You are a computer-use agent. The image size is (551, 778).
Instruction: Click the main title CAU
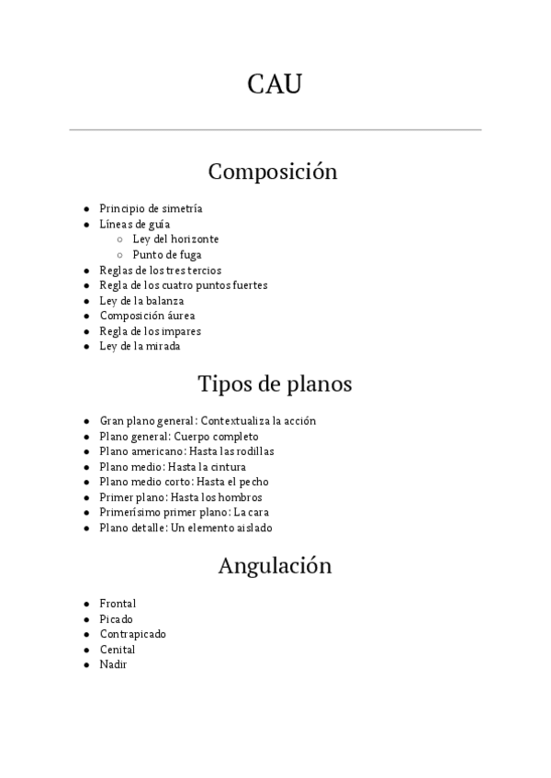(x=275, y=84)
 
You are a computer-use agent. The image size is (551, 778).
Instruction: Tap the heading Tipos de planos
(x=275, y=383)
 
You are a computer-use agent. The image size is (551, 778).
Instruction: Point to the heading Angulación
(x=275, y=566)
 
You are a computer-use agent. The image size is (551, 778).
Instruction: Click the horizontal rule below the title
(x=275, y=130)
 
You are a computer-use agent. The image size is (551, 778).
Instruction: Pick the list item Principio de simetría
(x=151, y=209)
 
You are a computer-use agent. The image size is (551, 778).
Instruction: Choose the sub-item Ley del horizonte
(x=175, y=239)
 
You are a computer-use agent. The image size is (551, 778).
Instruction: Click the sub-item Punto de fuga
(x=167, y=255)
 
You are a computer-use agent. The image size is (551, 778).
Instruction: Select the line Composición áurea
(x=147, y=316)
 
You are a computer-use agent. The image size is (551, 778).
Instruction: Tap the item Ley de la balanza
(x=141, y=301)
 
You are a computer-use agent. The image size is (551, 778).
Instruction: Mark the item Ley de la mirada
(x=140, y=346)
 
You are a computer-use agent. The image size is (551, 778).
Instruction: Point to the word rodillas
(x=256, y=451)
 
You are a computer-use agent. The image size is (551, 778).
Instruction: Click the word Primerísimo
(x=134, y=512)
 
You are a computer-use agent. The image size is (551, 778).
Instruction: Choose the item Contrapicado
(x=132, y=634)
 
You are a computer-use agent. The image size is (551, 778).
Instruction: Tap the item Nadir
(x=113, y=664)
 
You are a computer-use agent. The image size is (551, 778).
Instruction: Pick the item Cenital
(x=117, y=650)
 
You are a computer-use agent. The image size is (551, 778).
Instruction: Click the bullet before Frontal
(x=85, y=604)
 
